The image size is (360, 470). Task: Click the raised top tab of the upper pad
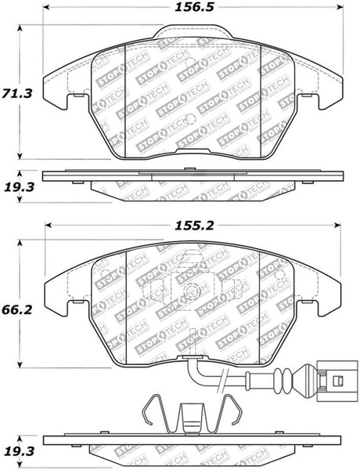pos(193,34)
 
